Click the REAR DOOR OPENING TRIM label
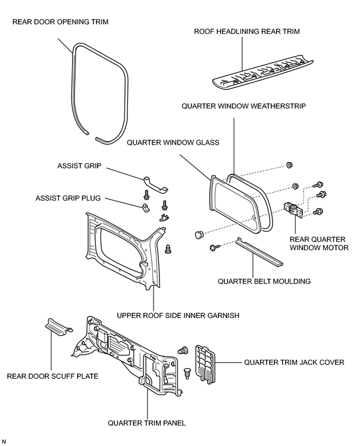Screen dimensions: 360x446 61,22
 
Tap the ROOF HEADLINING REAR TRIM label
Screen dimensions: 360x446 246,32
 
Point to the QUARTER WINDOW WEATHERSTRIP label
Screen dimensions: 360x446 244,106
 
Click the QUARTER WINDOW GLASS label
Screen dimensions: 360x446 173,142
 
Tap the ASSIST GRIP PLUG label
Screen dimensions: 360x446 68,198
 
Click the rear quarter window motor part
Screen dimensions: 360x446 293,210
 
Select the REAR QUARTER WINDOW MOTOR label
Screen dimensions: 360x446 319,244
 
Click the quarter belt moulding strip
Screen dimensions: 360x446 259,253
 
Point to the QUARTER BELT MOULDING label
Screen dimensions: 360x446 264,281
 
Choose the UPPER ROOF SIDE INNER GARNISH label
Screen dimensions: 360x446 178,316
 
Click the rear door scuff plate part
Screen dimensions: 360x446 59,326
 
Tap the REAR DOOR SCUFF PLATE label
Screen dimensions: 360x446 52,376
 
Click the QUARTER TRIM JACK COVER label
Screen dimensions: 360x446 294,363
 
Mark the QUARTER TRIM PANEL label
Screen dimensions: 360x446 146,423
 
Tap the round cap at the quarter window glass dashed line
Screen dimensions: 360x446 199,235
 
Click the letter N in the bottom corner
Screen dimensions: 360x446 4,441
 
